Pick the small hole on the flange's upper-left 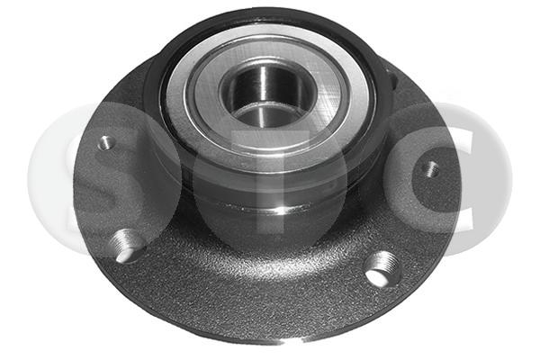pos(107,141)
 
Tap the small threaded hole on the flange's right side pos(430,169)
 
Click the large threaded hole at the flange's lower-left pos(128,247)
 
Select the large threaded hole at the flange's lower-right pos(383,269)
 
